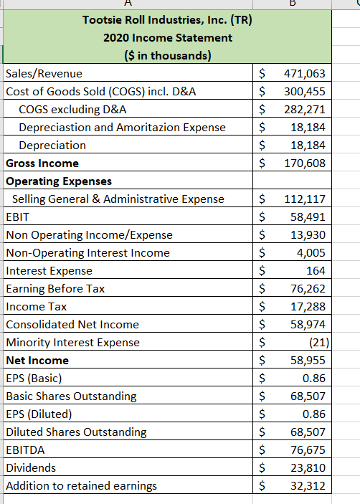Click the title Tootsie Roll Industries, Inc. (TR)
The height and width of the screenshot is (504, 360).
click(167, 19)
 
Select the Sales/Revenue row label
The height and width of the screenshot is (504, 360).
click(44, 73)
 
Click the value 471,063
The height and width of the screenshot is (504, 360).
click(305, 73)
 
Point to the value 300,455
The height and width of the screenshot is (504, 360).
click(305, 91)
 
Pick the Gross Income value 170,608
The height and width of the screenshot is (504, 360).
click(305, 163)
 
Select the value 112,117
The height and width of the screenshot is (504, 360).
click(305, 199)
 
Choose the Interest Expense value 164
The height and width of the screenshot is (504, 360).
click(315, 270)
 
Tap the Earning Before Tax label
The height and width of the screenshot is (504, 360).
click(55, 288)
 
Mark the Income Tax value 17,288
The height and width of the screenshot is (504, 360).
click(308, 306)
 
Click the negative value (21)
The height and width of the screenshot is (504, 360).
click(315, 342)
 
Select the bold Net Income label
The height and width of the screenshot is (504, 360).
click(37, 360)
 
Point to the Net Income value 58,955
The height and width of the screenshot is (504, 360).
click(308, 360)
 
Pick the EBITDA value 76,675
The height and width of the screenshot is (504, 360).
click(308, 450)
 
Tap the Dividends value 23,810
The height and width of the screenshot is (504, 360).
click(308, 467)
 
